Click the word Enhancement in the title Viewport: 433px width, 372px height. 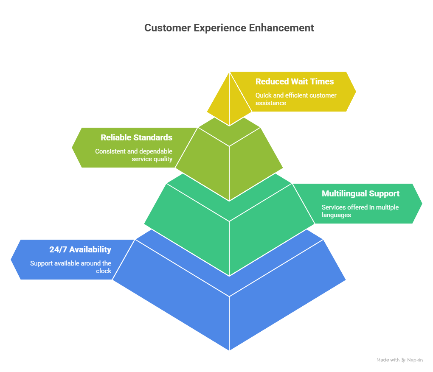coord(281,28)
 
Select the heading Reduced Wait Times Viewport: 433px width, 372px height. coord(295,81)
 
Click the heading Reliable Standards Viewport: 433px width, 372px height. coord(136,137)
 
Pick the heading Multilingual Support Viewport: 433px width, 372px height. coord(360,193)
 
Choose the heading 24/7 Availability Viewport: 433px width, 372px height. coord(80,249)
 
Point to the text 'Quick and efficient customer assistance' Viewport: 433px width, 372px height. coord(296,99)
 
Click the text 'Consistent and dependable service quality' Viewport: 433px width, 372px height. coord(134,155)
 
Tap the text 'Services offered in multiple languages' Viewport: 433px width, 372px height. coord(360,211)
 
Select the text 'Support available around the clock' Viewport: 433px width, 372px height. coord(70,267)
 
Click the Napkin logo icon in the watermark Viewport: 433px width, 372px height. coord(403,360)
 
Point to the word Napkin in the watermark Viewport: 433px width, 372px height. coord(415,360)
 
